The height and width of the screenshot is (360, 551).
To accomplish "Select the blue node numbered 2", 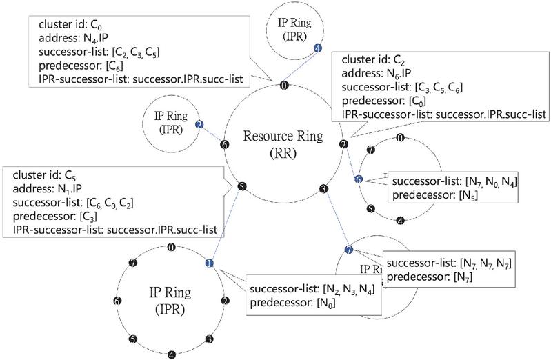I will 199,124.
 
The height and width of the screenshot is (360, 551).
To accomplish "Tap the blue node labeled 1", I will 209,262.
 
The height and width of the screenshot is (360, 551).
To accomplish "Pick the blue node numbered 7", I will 348,248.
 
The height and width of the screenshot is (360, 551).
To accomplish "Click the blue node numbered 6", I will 358,179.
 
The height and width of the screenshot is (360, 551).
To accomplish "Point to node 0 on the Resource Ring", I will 284,85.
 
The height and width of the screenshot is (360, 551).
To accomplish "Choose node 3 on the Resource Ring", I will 323,188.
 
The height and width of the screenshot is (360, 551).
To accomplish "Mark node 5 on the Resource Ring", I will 241,186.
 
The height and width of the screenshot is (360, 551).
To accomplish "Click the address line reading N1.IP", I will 48,190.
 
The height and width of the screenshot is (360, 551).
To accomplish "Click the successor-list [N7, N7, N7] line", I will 448,263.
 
